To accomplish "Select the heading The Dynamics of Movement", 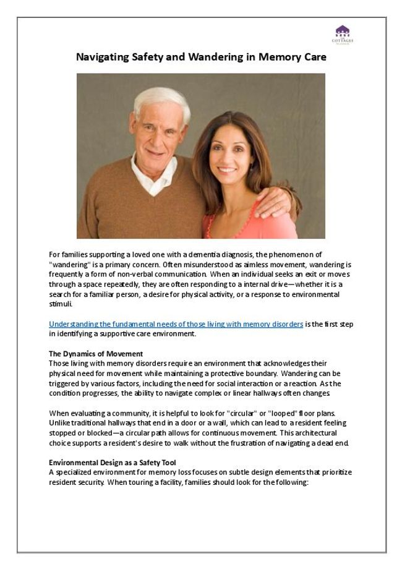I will [96, 354].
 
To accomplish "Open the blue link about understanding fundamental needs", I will [176, 324].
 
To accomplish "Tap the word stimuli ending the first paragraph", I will [61, 304].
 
